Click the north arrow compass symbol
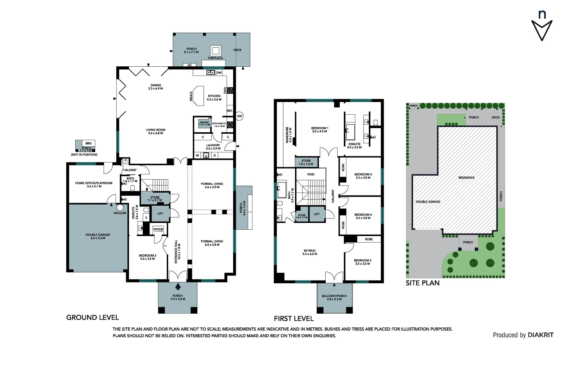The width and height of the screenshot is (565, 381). [542, 30]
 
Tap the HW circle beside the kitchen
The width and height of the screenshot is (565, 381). [240, 116]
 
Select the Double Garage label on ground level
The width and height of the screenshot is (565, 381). [98, 236]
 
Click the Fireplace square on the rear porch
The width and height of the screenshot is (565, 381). [216, 50]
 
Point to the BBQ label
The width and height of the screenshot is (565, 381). [88, 143]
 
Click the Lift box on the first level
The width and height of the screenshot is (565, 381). [317, 214]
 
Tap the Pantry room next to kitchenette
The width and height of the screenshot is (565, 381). [204, 123]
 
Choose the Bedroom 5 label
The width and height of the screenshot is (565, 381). [362, 262]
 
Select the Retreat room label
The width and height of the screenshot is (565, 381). [310, 252]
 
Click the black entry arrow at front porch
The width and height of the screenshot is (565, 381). [178, 286]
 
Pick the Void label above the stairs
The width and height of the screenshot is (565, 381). [311, 174]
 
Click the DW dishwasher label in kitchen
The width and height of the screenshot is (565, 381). [219, 73]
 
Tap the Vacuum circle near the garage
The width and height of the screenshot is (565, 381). [120, 208]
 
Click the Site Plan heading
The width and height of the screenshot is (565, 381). [422, 283]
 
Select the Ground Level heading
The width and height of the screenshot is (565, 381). [92, 317]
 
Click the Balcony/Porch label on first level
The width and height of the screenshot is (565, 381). [334, 297]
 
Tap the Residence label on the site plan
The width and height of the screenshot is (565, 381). [466, 177]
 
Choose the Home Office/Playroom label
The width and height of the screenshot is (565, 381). [94, 185]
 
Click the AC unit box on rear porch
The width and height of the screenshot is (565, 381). [190, 65]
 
